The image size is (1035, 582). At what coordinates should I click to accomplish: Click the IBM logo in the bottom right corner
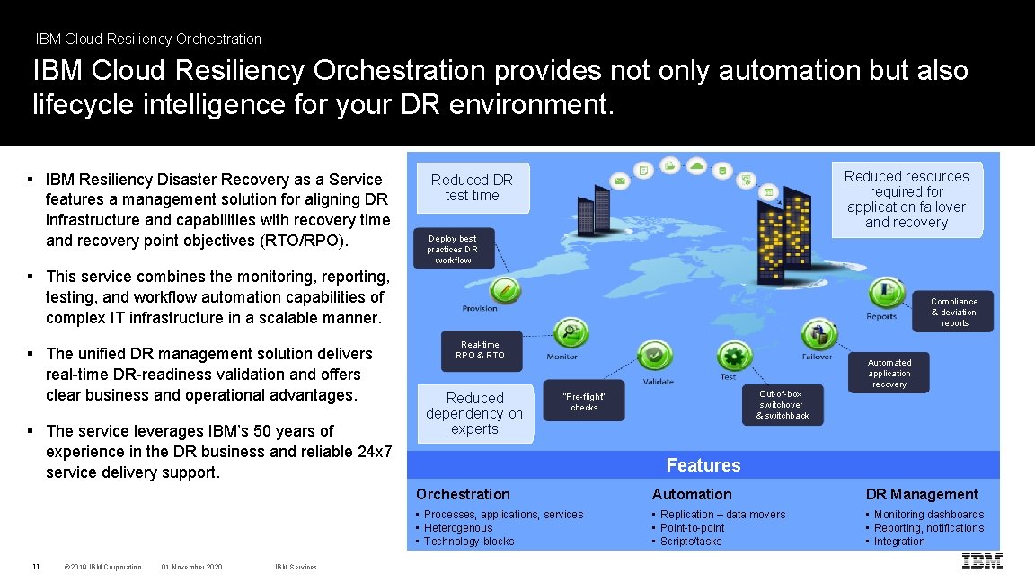982,562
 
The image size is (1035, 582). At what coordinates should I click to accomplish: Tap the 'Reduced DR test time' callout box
472,188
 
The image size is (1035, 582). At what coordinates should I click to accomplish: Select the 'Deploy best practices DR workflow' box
453,250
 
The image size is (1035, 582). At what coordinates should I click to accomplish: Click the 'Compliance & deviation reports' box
954,313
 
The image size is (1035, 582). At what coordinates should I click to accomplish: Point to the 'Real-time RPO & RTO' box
481,349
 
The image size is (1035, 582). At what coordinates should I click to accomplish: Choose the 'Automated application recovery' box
889,373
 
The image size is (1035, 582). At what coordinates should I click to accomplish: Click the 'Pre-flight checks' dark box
584,402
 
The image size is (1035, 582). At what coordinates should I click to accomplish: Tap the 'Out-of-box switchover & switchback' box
783,405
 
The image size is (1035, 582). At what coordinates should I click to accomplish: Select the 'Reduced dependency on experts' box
474,413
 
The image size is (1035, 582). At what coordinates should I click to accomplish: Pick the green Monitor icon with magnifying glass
570,333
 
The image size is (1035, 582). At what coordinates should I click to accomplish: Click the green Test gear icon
734,356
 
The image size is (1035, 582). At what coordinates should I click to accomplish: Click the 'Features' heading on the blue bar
703,465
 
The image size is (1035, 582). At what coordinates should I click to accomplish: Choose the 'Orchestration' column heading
463,494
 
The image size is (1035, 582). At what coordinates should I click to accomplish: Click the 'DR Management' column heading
922,494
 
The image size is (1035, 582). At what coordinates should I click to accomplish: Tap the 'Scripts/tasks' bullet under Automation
690,542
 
